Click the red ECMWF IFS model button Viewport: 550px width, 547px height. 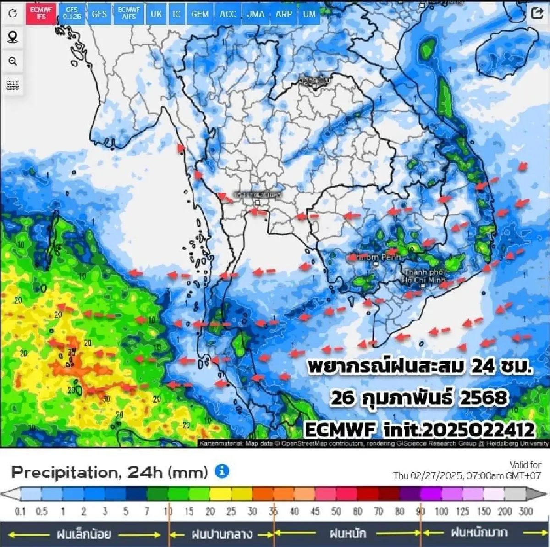point(41,13)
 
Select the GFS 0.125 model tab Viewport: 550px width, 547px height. point(72,13)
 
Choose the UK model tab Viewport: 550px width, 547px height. point(156,14)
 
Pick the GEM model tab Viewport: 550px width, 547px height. point(200,14)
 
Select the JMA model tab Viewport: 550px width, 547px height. point(256,14)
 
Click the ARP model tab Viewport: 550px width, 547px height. point(284,14)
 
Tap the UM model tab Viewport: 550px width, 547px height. point(309,14)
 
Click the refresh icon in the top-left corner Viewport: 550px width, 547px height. point(13,13)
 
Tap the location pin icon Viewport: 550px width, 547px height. point(13,37)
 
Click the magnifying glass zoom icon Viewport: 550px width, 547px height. point(13,61)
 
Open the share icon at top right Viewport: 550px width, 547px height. point(537,13)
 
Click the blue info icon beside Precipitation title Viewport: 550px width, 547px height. point(222,471)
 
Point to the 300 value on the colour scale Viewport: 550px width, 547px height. point(526,511)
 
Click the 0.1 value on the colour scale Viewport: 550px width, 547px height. point(20,511)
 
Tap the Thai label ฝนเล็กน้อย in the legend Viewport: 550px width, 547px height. point(84,534)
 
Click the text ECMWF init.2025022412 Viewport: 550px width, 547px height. point(419,430)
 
